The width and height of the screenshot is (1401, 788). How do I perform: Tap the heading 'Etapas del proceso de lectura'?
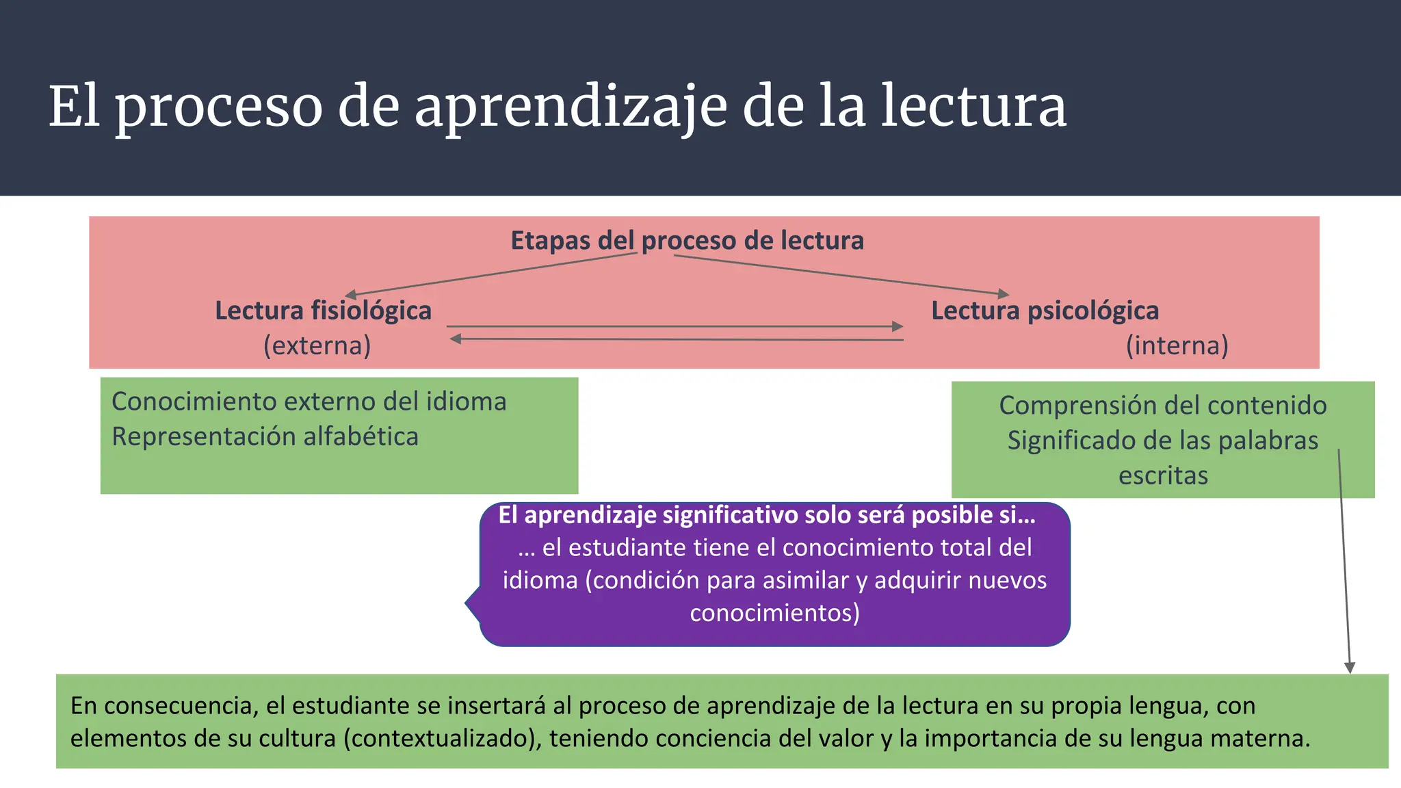[x=687, y=241]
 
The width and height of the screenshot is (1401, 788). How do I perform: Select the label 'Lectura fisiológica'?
[x=323, y=311]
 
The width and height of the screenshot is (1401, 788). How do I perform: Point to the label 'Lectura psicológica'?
[x=1045, y=311]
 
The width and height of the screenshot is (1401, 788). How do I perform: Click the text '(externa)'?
[x=317, y=345]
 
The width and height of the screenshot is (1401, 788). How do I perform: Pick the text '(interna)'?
[x=1177, y=345]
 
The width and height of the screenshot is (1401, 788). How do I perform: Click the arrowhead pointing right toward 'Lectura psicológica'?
[x=898, y=327]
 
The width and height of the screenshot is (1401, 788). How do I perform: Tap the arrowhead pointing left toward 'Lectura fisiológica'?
[x=456, y=339]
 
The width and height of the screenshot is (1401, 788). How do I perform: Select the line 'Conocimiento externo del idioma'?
[x=309, y=402]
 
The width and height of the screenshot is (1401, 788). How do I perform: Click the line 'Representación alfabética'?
[x=265, y=436]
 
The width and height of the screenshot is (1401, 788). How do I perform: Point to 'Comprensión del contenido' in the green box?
[x=1162, y=406]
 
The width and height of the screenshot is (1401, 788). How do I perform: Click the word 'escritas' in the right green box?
[x=1163, y=475]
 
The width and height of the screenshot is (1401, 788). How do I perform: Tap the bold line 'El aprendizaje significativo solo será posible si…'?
[x=766, y=515]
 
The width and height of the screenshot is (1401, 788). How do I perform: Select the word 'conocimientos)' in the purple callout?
[x=774, y=613]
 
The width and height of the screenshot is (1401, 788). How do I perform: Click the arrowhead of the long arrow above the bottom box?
[x=1350, y=668]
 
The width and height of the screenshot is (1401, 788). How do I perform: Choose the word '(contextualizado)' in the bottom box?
[x=443, y=739]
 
